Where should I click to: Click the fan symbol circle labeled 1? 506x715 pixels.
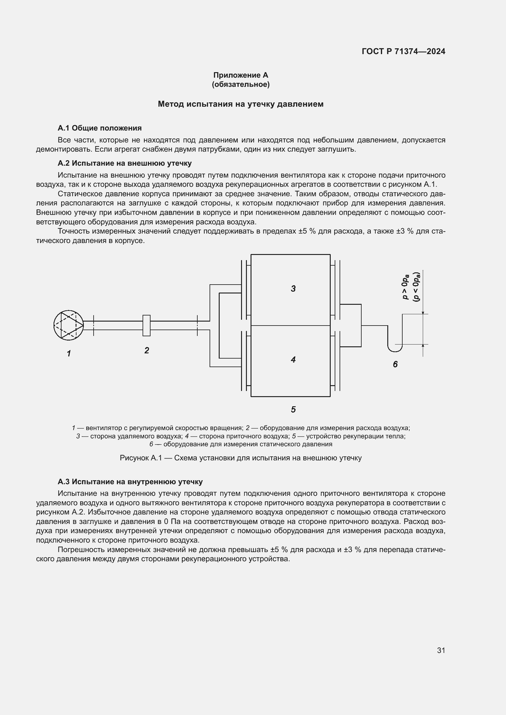[68, 325]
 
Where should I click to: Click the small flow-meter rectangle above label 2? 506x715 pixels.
[147, 326]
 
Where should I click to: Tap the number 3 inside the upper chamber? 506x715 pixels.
[293, 289]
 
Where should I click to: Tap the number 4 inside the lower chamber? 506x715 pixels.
[293, 360]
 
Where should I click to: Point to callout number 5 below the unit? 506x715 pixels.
[293, 410]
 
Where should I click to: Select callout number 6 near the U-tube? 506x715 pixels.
[395, 364]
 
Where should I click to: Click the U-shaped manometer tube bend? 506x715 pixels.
[395, 349]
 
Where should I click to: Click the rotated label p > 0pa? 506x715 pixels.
[405, 286]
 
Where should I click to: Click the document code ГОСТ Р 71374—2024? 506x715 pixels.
[403, 51]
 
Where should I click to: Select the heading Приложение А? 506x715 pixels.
[240, 75]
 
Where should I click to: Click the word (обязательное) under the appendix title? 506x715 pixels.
[240, 84]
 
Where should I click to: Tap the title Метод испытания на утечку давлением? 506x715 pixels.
[240, 104]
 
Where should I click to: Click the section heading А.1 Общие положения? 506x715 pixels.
[99, 128]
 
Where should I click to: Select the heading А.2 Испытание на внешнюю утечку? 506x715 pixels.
[124, 163]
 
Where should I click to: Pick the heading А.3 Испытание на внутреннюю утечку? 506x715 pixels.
[130, 482]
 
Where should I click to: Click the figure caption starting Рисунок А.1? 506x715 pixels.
[240, 458]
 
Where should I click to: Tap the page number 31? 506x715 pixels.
[441, 650]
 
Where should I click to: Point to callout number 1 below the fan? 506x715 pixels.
[69, 353]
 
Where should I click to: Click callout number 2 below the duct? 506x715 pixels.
[147, 350]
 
